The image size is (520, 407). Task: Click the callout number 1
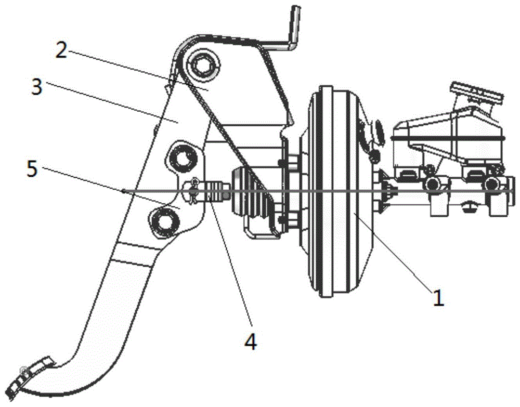(438, 297)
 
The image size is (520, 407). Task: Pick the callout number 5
(32, 169)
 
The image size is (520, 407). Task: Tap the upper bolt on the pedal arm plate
(181, 159)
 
